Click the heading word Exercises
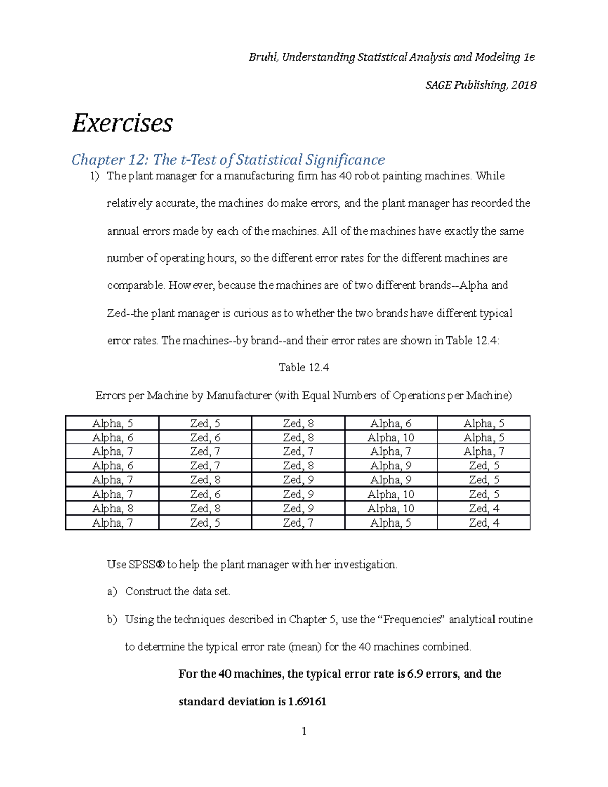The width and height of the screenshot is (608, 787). [123, 123]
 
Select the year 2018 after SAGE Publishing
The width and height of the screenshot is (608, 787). [523, 85]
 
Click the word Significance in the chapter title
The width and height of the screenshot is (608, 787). [345, 160]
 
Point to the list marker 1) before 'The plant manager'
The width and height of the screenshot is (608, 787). [95, 176]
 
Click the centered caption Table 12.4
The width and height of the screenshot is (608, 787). [303, 368]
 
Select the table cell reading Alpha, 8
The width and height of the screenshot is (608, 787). [112, 509]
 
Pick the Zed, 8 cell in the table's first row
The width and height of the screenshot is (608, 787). [298, 424]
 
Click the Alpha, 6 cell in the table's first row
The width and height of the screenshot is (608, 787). [391, 424]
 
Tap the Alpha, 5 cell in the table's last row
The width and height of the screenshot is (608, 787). [391, 523]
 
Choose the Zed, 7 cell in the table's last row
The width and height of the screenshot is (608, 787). [298, 523]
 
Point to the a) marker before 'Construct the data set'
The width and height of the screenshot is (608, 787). [111, 592]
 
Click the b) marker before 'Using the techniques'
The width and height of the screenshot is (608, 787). [111, 619]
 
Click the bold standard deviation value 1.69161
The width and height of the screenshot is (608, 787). [307, 702]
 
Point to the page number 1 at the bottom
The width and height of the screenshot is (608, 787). [303, 731]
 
